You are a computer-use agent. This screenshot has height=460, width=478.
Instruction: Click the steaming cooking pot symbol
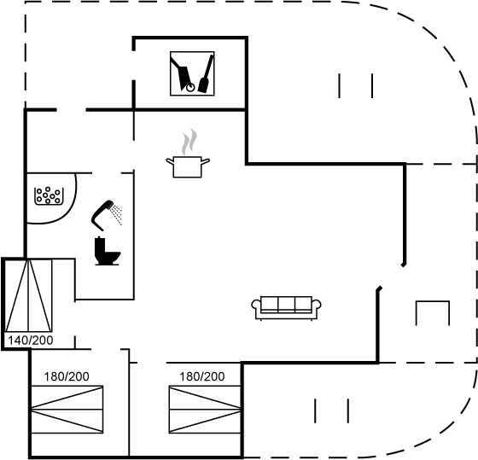(188, 154)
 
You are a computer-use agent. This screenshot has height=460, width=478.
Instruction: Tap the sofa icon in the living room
(286, 308)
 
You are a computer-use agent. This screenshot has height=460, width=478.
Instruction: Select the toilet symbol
(108, 251)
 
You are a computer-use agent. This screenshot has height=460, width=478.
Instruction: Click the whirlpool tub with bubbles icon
(49, 195)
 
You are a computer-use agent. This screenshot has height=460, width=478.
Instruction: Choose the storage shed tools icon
(192, 73)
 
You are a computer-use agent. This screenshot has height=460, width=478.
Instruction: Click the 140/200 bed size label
(31, 341)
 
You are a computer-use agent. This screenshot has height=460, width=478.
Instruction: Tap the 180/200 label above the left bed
(67, 376)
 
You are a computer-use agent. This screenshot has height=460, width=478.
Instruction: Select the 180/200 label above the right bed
(201, 376)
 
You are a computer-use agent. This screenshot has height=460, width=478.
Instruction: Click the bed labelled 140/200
(29, 295)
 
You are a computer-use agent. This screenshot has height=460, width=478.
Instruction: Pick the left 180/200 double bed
(67, 410)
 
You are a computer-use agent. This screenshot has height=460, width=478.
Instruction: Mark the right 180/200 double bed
(205, 410)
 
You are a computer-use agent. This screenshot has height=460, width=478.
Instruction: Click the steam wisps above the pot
(189, 142)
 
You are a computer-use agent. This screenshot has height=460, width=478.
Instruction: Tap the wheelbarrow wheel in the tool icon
(190, 88)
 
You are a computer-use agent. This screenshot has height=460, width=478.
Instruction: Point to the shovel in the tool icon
(206, 73)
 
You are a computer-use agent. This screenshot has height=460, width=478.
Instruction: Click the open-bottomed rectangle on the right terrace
(433, 301)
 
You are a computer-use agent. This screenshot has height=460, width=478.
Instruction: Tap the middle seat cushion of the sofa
(286, 304)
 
